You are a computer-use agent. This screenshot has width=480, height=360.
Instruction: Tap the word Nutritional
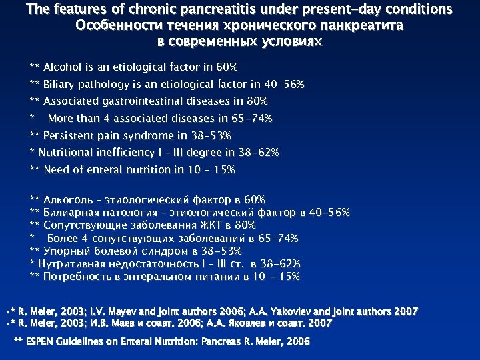click(64, 153)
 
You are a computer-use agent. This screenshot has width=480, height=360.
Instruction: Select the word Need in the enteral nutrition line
click(57, 170)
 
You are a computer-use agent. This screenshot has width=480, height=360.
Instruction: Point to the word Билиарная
click(71, 212)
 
